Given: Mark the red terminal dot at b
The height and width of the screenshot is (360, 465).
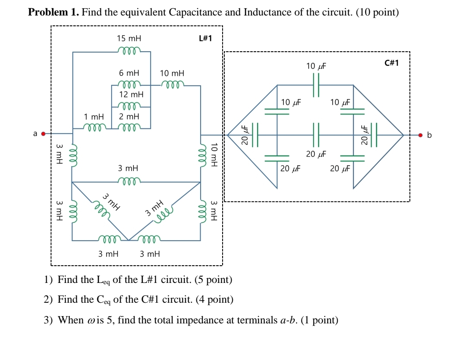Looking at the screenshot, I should click(x=422, y=135).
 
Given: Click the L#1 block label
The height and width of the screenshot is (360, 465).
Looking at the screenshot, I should click(x=205, y=38).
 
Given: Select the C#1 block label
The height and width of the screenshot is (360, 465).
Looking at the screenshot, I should click(x=391, y=63).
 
